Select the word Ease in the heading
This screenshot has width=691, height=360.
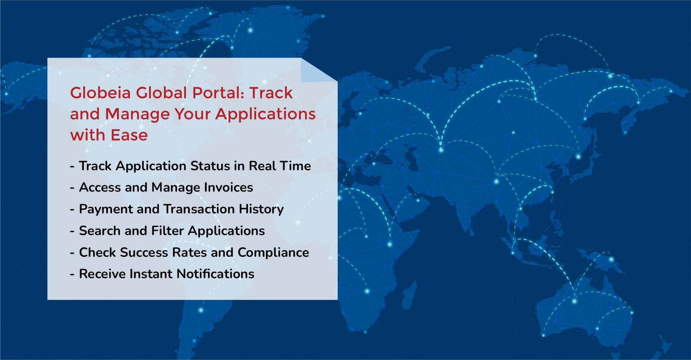click(x=129, y=135)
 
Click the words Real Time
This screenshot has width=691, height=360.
click(x=280, y=166)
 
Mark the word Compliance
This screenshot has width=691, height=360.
click(x=273, y=252)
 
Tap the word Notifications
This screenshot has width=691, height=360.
click(x=215, y=274)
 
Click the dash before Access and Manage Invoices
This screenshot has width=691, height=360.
click(x=72, y=188)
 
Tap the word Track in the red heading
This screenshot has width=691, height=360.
click(x=271, y=93)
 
